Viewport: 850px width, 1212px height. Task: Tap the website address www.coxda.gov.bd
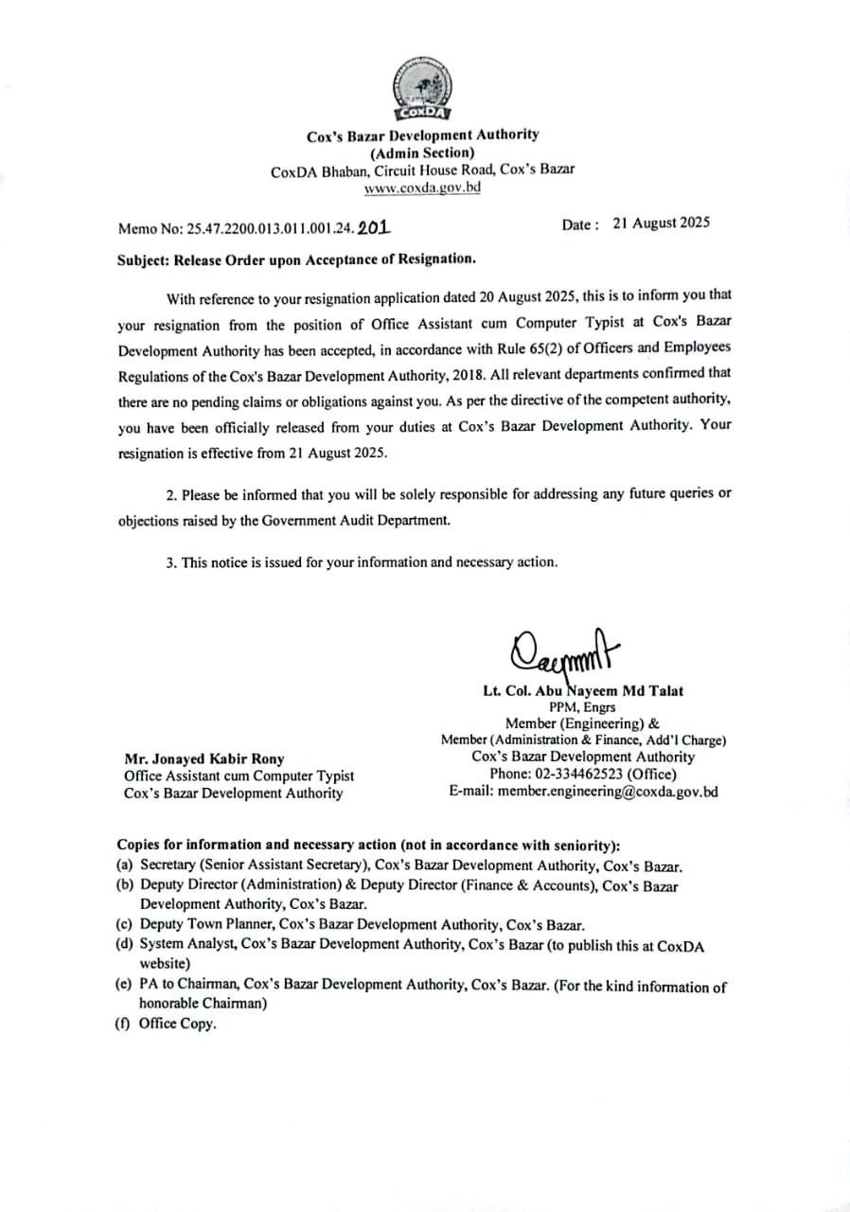coord(422,187)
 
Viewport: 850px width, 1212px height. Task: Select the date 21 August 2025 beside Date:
coord(661,223)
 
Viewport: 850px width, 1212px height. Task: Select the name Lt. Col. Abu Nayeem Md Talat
coord(583,690)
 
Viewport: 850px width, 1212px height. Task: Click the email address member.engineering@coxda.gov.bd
coord(608,792)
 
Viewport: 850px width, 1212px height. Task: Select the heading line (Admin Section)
coord(422,152)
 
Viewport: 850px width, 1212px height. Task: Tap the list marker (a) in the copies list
coord(124,864)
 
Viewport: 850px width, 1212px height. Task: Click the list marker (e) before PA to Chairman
coord(124,984)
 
